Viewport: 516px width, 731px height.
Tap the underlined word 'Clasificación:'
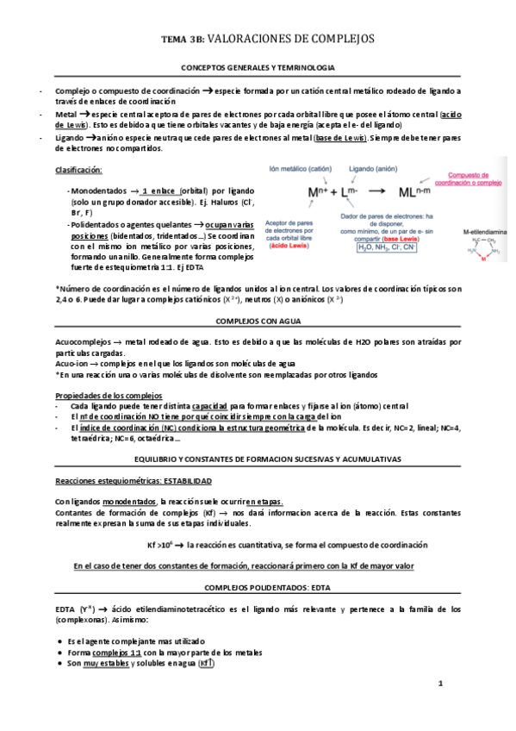click(78, 169)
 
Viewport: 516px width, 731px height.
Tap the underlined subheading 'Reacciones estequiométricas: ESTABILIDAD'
click(133, 480)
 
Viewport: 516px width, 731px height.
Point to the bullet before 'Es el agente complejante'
click(58, 640)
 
